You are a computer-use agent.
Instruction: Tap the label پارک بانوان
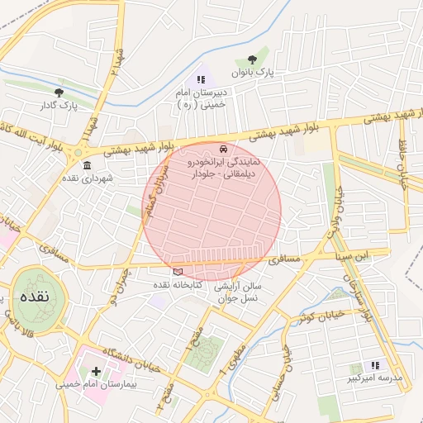click(252, 74)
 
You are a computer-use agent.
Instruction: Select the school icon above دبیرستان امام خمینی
click(200, 79)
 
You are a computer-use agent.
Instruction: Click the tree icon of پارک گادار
click(58, 92)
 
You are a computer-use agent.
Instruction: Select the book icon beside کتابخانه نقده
click(178, 271)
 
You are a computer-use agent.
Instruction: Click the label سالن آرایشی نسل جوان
click(238, 292)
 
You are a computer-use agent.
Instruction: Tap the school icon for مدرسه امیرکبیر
click(375, 365)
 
